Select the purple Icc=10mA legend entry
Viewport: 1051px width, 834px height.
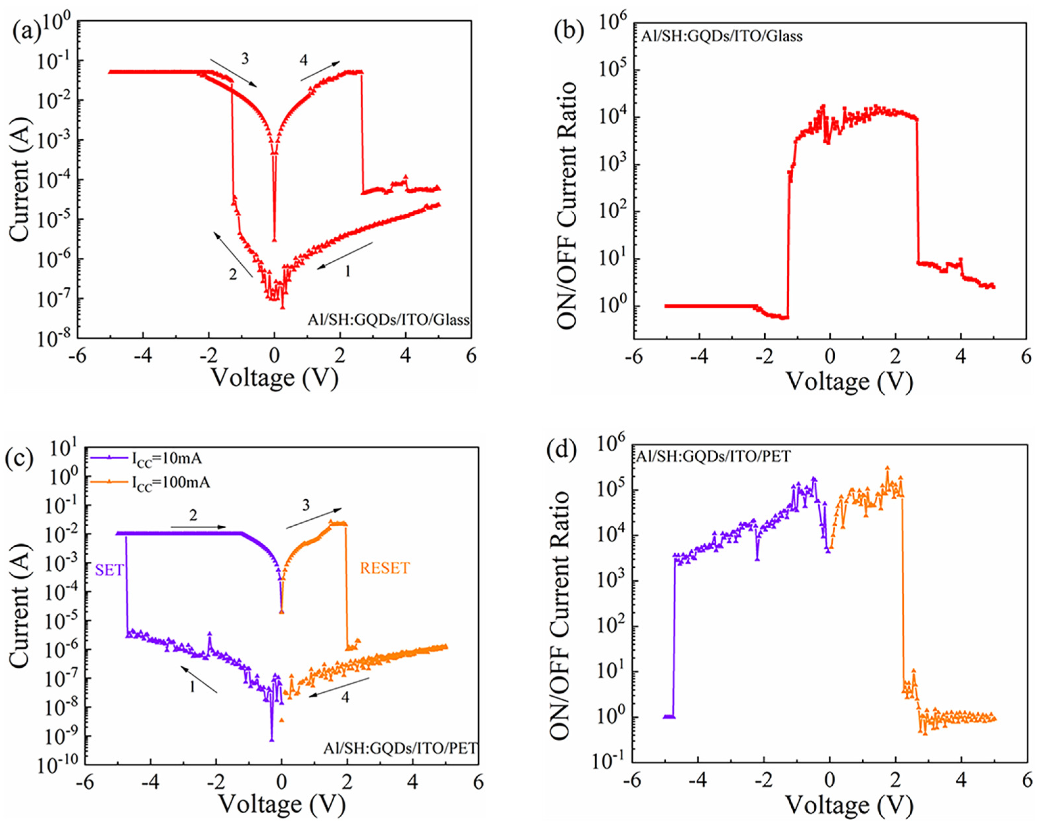[x=146, y=458]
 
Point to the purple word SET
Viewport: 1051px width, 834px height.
[x=109, y=569]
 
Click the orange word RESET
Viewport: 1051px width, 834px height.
[x=385, y=568]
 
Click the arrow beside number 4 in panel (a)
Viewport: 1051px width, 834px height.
[x=320, y=71]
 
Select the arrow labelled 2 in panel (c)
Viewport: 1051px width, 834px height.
[x=199, y=527]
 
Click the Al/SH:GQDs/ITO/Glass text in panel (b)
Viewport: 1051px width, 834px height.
[x=722, y=36]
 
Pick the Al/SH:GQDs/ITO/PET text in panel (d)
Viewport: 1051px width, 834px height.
[x=713, y=456]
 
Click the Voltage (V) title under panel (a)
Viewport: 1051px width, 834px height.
[x=275, y=378]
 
